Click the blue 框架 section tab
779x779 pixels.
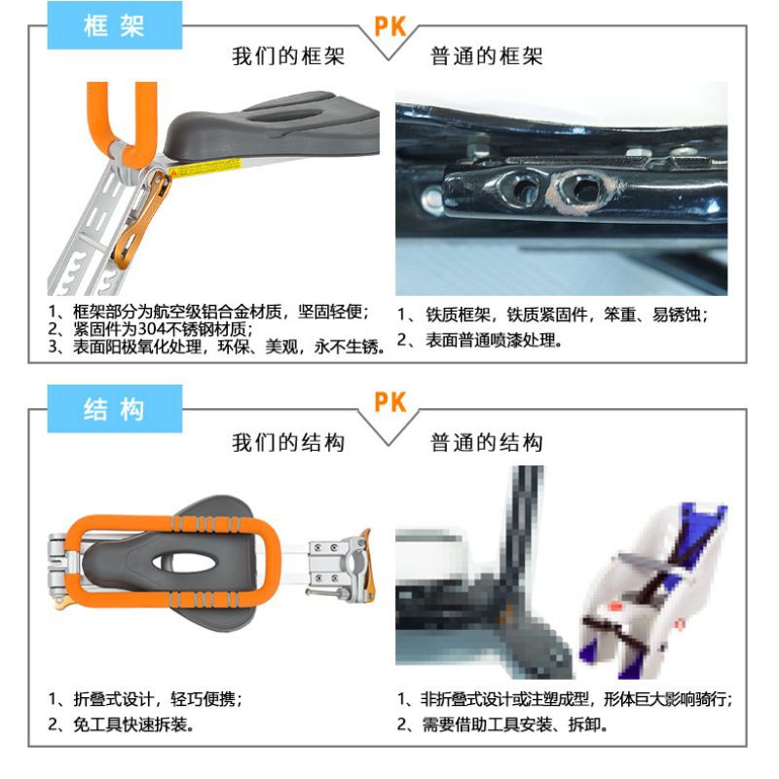115,25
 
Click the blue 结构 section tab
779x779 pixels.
115,409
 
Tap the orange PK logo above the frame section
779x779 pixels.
390,27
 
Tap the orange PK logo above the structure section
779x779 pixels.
390,402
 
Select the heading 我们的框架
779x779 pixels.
288,56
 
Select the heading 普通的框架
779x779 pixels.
486,56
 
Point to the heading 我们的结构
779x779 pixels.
288,442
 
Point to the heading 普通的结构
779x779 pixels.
486,442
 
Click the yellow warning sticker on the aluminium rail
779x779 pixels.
204,167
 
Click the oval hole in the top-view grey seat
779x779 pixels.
185,562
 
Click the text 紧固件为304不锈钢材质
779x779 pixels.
163,329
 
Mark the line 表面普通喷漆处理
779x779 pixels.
494,340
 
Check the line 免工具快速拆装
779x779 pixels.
133,724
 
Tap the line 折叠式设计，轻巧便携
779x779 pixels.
158,699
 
